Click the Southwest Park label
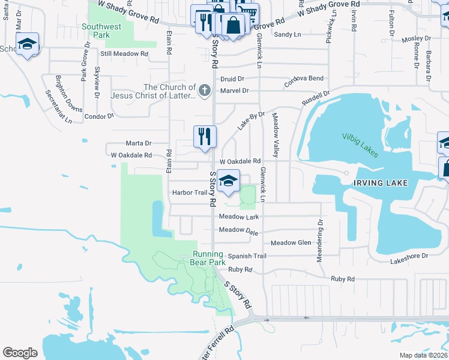point(101,31)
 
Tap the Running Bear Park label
point(208,258)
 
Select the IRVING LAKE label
point(381,182)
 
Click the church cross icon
point(204,91)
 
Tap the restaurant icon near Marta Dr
point(205,136)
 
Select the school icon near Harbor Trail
point(228,181)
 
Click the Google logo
point(20,353)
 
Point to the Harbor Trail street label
point(189,193)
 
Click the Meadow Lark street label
point(239,217)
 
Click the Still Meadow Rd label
point(124,54)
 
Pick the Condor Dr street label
point(99,116)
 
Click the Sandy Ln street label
point(287,35)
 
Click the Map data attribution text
point(423,355)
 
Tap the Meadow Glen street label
point(291,243)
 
